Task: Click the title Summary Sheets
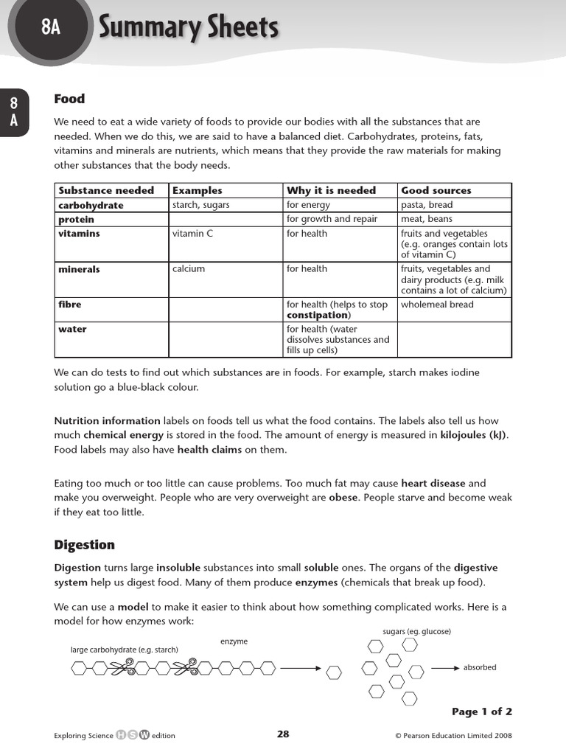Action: click(x=189, y=28)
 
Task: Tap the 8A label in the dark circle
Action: click(x=50, y=28)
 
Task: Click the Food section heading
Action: click(x=69, y=99)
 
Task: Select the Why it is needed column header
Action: click(x=331, y=190)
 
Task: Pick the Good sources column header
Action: click(x=436, y=190)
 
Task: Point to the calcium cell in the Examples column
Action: click(x=189, y=269)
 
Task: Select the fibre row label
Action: click(x=70, y=305)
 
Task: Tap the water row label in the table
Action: click(x=72, y=330)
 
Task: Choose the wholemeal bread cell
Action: click(x=437, y=305)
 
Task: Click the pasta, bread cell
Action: click(x=427, y=205)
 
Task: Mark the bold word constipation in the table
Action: click(x=318, y=315)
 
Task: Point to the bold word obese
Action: click(x=342, y=498)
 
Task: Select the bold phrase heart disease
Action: click(x=433, y=484)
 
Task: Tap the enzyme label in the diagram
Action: click(x=234, y=642)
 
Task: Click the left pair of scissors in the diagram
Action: click(x=120, y=668)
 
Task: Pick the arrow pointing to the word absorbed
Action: click(x=445, y=668)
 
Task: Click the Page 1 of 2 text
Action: click(x=481, y=711)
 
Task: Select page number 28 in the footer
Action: click(x=283, y=734)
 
